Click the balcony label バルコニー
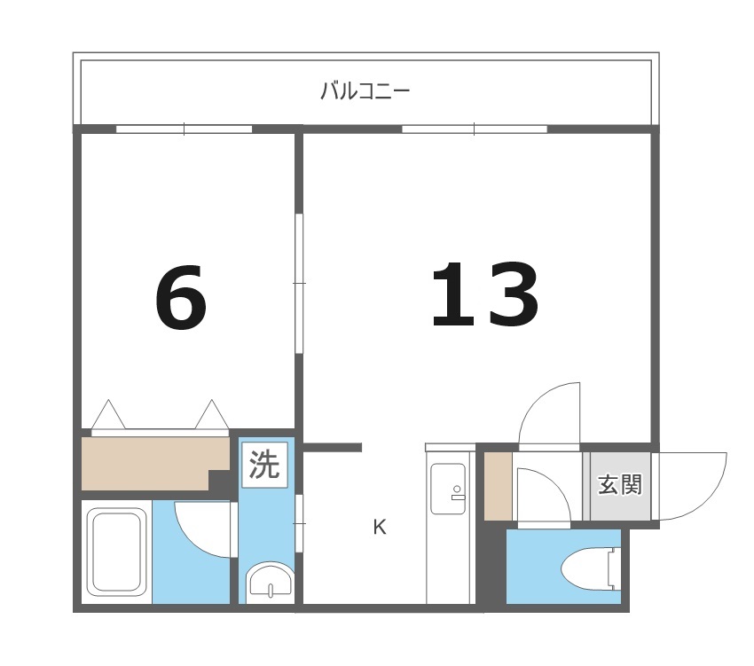coord(365,90)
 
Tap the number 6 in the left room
coord(181,296)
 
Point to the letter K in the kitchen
coord(380,528)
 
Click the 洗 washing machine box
coord(263,464)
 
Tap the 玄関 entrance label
coord(619,485)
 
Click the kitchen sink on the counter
coord(448,489)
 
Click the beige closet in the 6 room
coord(146,460)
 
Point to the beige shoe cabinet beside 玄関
coord(497,487)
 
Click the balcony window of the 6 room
coord(185,129)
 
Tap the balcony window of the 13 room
coord(475,129)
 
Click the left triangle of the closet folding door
coord(107,415)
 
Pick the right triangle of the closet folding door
coord(213,415)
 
